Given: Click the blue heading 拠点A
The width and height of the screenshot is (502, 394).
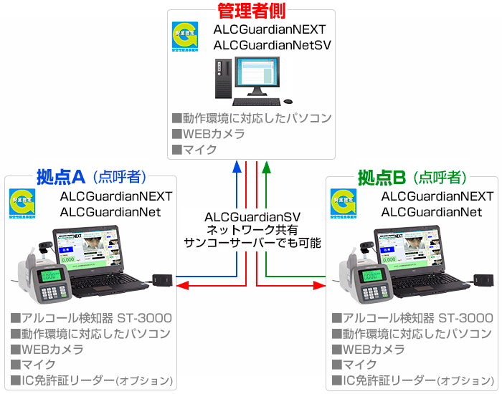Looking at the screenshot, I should [61, 176].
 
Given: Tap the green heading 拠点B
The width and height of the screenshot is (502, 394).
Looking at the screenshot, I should [382, 176].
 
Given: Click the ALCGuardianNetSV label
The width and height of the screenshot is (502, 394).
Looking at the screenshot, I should [272, 45].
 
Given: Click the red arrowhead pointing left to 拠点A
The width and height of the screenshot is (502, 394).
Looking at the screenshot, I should [181, 286].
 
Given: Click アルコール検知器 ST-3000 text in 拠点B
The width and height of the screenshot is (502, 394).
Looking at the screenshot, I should [413, 318].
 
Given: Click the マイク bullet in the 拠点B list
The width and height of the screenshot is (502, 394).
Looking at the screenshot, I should [351, 365].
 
